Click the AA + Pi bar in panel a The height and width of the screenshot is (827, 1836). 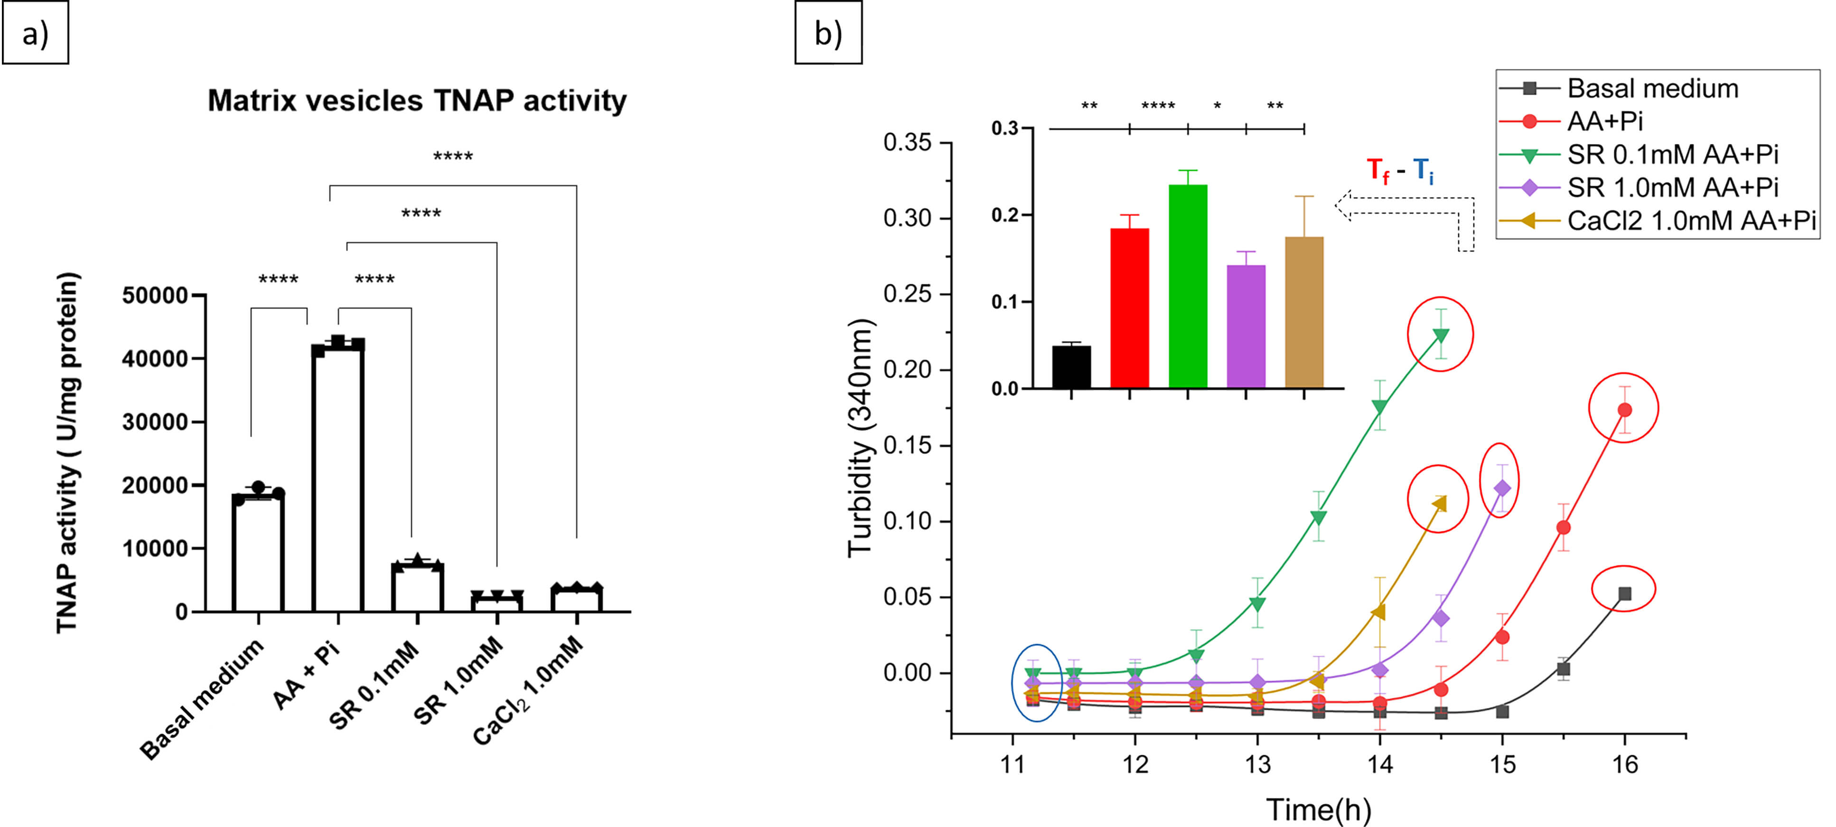(338, 478)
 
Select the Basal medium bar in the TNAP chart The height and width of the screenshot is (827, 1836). (258, 553)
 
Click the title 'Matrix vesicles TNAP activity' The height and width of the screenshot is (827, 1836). (417, 101)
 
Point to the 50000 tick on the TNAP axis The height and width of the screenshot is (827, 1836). (155, 295)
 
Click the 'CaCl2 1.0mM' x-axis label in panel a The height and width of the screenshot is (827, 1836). (529, 690)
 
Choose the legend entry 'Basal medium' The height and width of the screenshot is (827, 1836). (1652, 88)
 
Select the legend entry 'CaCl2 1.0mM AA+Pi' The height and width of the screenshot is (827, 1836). (1691, 220)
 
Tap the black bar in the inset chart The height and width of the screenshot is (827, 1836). (1071, 367)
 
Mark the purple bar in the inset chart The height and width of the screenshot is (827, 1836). (1246, 327)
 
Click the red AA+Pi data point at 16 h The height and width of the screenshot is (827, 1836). (1624, 410)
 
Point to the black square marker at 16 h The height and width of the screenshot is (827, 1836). (1624, 593)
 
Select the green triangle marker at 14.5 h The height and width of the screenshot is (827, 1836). (1441, 335)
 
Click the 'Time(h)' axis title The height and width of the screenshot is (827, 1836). (1318, 809)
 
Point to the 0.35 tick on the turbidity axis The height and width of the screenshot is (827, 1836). (907, 142)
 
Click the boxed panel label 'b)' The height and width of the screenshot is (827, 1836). (828, 33)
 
